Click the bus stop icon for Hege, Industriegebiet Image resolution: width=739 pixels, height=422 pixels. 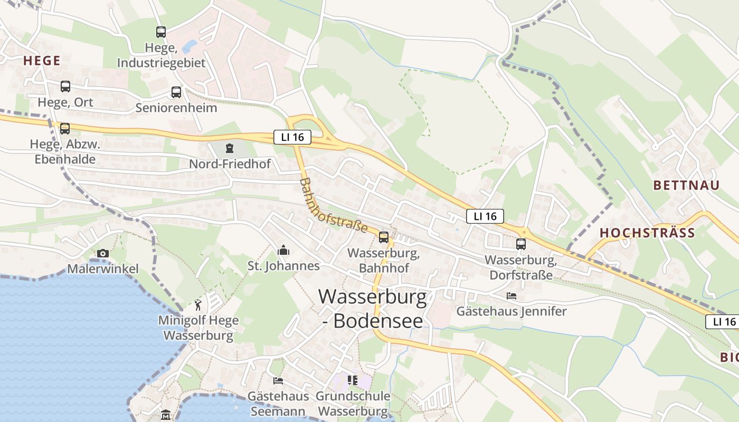(161, 32)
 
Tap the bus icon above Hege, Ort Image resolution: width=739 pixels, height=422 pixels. (65, 87)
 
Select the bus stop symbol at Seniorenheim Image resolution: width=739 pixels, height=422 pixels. (176, 92)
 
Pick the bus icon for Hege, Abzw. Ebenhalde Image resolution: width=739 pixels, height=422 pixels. (65, 128)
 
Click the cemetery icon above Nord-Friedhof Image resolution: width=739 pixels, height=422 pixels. (230, 148)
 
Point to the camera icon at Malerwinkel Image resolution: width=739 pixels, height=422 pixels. (103, 254)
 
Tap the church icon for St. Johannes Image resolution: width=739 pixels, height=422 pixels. (283, 250)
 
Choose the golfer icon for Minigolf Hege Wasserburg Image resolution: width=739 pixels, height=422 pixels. (198, 305)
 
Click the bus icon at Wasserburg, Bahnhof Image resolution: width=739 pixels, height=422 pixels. (384, 237)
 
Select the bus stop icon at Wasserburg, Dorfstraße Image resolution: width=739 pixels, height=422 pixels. (521, 244)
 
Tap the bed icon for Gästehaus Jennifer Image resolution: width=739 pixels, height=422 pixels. (511, 296)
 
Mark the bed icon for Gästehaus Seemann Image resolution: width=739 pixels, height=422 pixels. (278, 381)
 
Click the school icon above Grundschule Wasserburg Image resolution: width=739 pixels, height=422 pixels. (353, 380)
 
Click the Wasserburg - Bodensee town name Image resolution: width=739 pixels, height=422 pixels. (373, 309)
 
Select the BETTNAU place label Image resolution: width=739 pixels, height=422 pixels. (686, 185)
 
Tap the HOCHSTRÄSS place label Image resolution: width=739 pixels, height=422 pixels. (647, 233)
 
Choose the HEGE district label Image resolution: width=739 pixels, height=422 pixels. (42, 61)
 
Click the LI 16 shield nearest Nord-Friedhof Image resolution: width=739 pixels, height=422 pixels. (292, 138)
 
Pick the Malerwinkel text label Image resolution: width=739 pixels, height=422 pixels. (103, 269)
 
